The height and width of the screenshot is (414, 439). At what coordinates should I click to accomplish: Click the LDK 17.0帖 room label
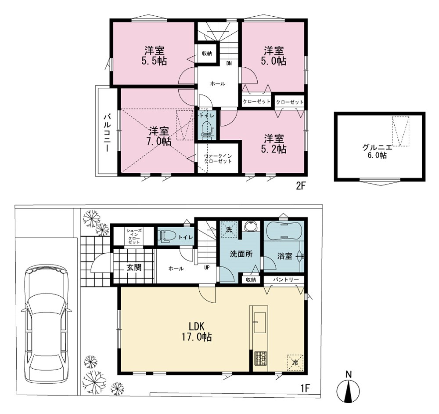click(x=197, y=331)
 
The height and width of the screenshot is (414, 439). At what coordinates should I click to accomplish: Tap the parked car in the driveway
click(x=46, y=323)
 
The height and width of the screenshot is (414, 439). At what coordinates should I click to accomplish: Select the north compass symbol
click(x=348, y=388)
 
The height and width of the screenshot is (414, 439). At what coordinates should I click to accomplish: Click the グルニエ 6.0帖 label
click(x=377, y=151)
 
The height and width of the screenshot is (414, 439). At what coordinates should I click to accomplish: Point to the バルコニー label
click(x=107, y=132)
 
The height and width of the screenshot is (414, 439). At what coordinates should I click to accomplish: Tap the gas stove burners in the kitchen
click(x=260, y=358)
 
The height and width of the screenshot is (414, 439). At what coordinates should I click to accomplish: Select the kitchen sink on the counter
click(x=260, y=323)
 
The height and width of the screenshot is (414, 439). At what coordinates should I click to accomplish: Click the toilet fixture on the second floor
click(x=208, y=129)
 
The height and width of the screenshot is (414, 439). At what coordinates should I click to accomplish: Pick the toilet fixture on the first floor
click(x=167, y=236)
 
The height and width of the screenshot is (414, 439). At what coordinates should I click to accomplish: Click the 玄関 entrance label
click(x=134, y=267)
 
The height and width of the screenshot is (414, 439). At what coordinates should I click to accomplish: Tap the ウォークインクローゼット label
click(x=218, y=158)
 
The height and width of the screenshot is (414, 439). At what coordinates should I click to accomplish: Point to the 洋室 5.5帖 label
click(x=154, y=56)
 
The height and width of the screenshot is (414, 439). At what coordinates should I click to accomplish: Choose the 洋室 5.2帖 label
click(x=273, y=144)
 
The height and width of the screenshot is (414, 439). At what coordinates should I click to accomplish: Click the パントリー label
click(x=285, y=280)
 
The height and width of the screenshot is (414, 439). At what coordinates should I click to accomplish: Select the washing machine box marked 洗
click(x=229, y=229)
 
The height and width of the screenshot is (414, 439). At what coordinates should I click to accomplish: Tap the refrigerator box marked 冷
click(x=295, y=363)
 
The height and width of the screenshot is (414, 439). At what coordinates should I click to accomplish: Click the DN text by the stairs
click(x=229, y=63)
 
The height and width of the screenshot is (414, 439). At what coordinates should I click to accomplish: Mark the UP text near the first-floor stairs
click(x=207, y=267)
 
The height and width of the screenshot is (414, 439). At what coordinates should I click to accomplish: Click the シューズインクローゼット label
click(x=133, y=236)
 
